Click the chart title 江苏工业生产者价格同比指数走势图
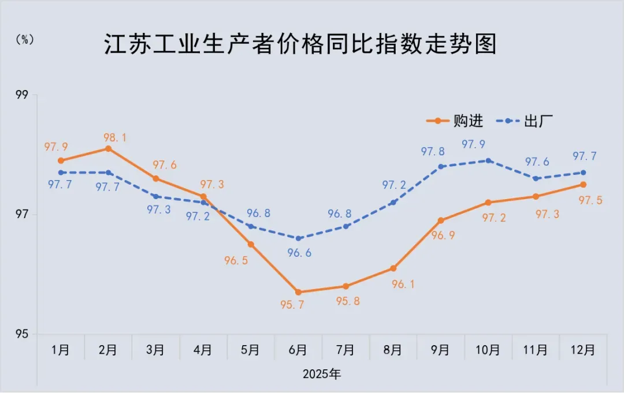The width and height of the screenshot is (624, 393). pos(300,44)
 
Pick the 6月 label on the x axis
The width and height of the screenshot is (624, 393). pos(298,350)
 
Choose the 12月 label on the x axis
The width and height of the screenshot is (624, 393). pos(583,350)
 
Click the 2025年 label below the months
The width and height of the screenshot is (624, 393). pos(322,374)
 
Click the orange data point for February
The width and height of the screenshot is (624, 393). pos(108,148)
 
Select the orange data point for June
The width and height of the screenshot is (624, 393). pos(298,292)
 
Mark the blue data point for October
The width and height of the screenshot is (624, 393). pos(488,160)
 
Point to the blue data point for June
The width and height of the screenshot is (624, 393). pos(298,238)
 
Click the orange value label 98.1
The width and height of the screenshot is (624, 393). pos(109,137)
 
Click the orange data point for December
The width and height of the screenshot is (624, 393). pos(584,185)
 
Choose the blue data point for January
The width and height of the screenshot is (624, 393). pos(61,173)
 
